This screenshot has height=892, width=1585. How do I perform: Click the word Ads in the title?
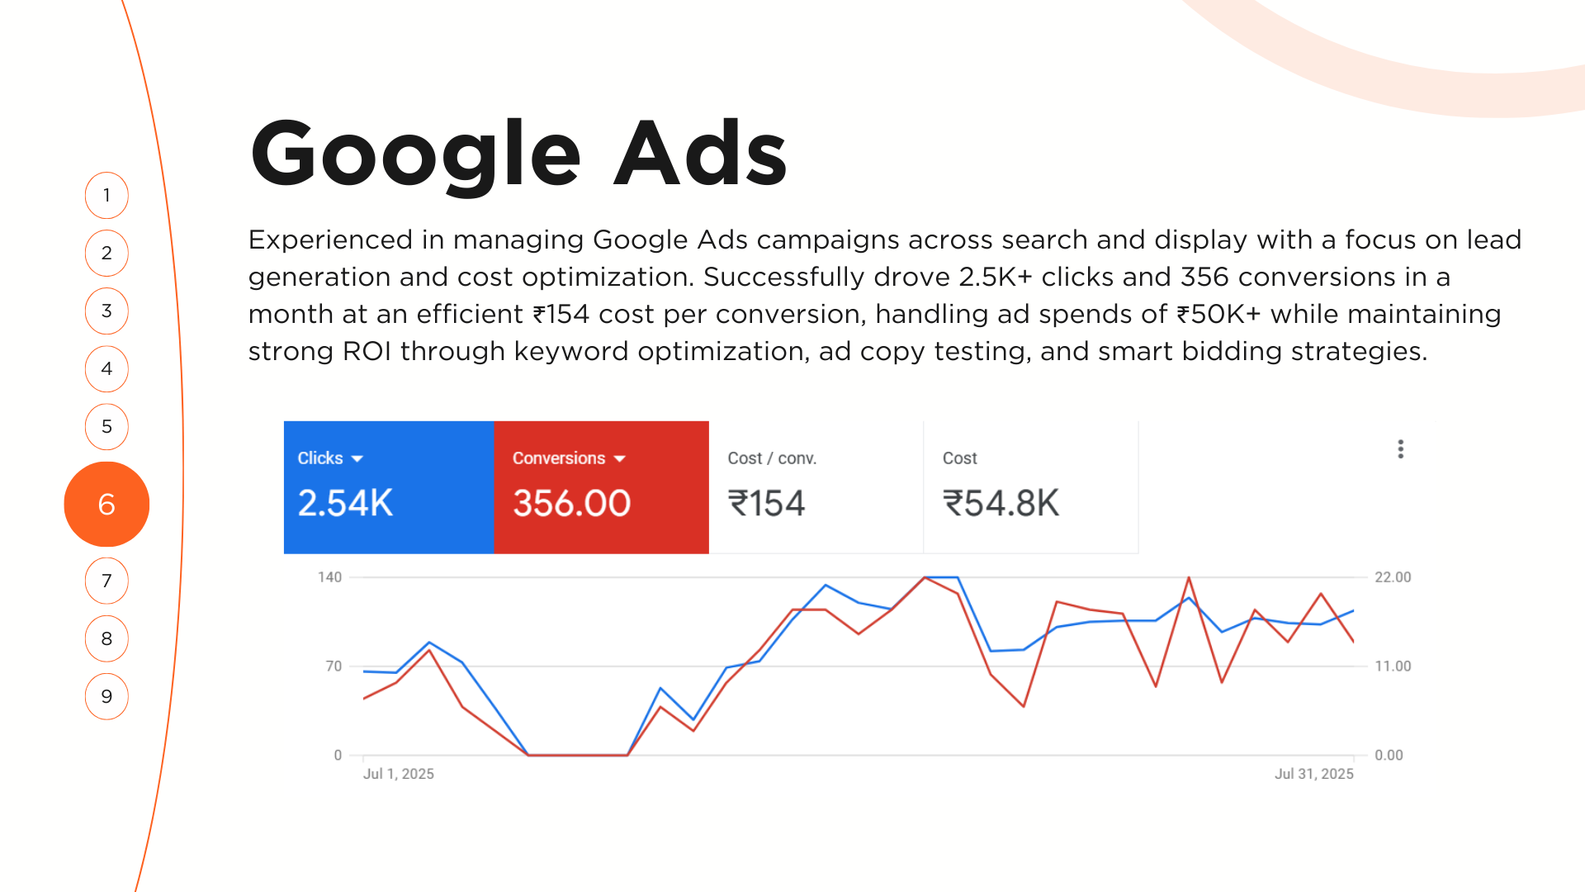[701, 153]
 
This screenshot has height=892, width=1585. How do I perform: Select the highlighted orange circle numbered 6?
[106, 504]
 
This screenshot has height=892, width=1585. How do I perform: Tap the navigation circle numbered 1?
[106, 196]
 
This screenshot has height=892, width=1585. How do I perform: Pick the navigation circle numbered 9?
[106, 696]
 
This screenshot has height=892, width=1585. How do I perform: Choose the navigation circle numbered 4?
[106, 369]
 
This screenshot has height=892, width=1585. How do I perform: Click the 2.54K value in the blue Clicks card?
[345, 503]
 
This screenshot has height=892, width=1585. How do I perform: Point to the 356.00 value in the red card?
[572, 503]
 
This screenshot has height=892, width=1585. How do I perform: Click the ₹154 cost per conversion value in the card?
[766, 503]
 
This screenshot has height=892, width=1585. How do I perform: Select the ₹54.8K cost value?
[1001, 503]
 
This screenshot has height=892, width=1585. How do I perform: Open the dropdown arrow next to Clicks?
[357, 458]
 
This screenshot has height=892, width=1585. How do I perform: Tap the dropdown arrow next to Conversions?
[619, 458]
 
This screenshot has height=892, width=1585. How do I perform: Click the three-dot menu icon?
[1400, 448]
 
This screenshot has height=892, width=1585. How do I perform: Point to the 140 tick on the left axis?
[329, 577]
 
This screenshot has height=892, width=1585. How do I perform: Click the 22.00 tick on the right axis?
[1393, 577]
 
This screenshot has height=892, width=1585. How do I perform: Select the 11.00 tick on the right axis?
[1393, 667]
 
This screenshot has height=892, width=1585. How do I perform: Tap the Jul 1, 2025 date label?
[399, 774]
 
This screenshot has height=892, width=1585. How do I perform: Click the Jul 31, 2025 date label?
[1314, 774]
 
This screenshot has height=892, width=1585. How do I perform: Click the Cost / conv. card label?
[772, 458]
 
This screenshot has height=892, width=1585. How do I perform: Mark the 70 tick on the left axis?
[334, 667]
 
